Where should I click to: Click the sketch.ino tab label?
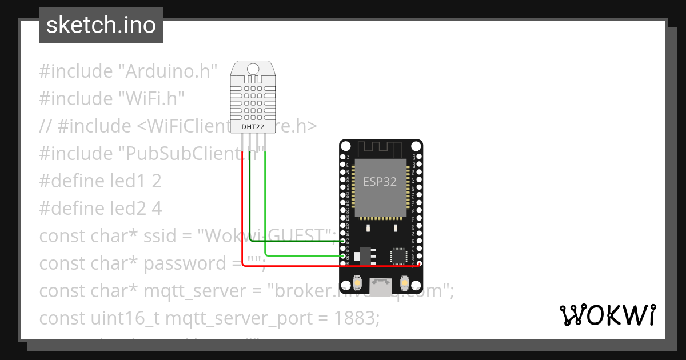101,25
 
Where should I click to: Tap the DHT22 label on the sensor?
252,126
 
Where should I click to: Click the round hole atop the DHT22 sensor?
252,70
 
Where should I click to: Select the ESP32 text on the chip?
380,182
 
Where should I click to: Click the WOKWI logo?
607,315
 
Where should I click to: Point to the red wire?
243,217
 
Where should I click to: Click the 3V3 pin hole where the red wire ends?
419,265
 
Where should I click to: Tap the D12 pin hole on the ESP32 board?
343,241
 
